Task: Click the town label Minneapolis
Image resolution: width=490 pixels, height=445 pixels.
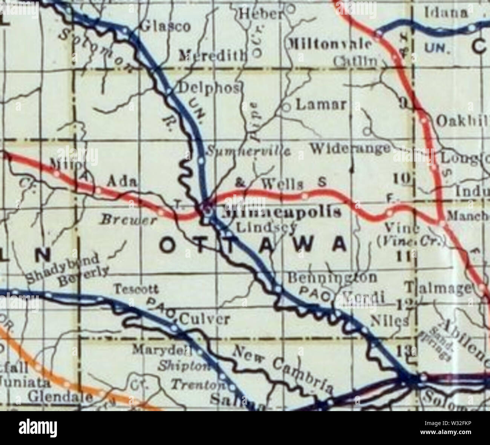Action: (x=281, y=212)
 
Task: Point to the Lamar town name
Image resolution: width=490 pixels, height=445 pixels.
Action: (x=321, y=104)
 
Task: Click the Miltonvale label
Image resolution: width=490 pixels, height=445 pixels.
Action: (x=330, y=44)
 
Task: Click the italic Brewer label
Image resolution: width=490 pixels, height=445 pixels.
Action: (x=128, y=220)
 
